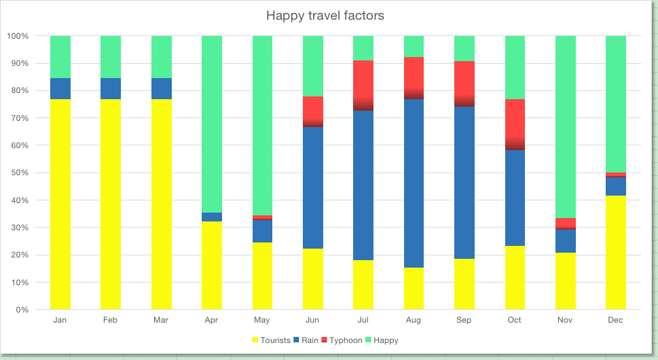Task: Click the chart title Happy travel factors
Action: (x=325, y=15)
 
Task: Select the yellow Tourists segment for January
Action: (x=60, y=204)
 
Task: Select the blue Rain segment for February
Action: (x=111, y=88)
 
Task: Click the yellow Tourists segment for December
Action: (x=616, y=252)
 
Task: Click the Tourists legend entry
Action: (x=271, y=340)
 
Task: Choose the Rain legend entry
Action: (x=308, y=340)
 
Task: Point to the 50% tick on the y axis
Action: (x=18, y=173)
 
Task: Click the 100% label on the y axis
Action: (x=17, y=36)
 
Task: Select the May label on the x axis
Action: (x=262, y=319)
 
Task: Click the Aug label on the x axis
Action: (x=414, y=319)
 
